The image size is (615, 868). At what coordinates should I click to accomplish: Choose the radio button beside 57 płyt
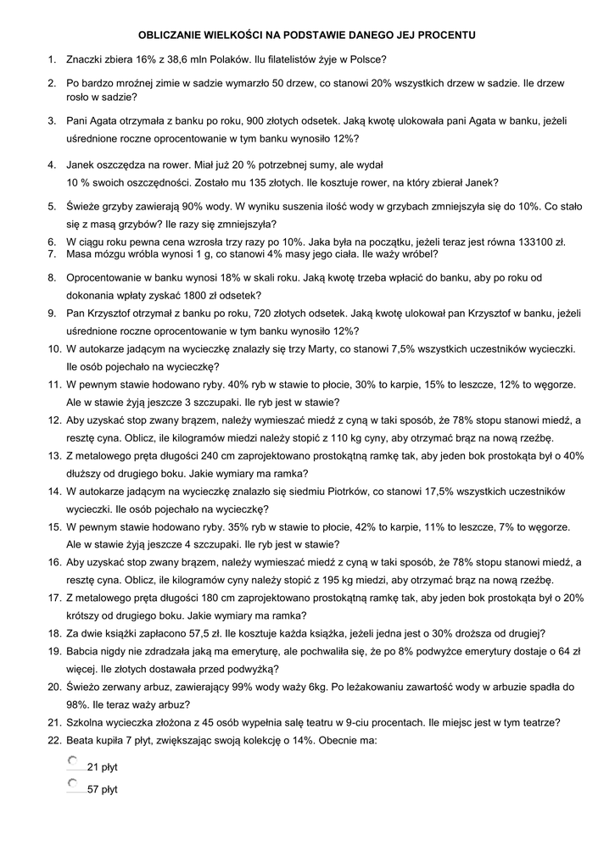[x=73, y=785]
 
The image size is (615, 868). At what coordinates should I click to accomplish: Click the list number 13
[x=53, y=455]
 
